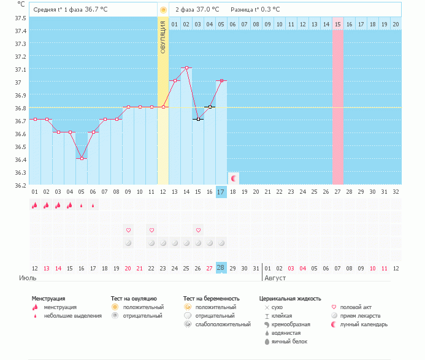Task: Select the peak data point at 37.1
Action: coord(186,67)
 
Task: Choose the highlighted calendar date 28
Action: coord(221,268)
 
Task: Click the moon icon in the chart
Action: coord(234,178)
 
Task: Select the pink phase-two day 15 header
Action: coord(338,24)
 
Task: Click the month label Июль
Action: coord(27,278)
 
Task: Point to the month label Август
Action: coord(274,278)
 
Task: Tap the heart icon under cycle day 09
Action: coord(128,230)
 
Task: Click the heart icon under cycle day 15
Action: coord(199,230)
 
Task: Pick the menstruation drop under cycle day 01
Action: coord(35,205)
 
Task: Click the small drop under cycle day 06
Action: coord(93,206)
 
